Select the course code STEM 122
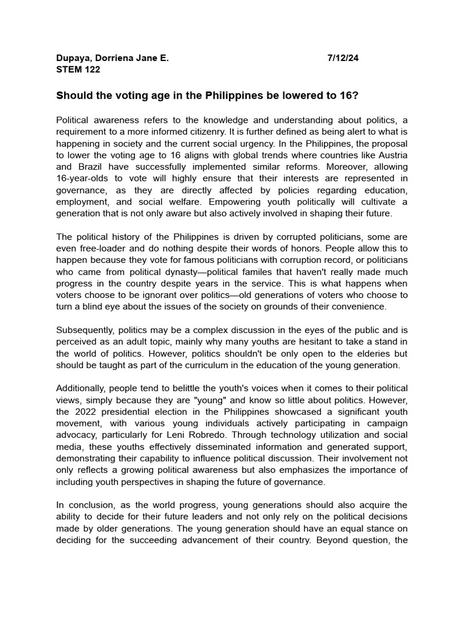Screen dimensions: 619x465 point(78,70)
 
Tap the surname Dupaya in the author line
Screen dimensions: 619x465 point(71,59)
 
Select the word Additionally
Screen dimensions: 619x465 point(82,388)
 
